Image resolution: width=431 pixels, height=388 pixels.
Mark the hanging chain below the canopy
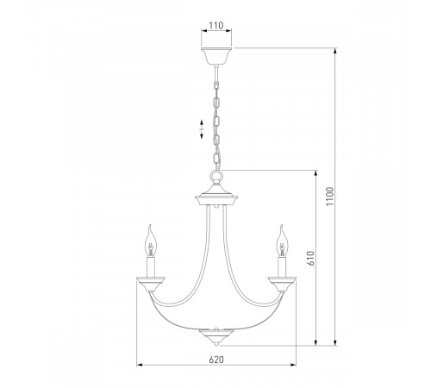[215, 121]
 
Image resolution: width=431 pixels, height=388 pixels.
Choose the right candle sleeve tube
[281, 266]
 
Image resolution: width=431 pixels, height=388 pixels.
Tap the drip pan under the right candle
[281, 282]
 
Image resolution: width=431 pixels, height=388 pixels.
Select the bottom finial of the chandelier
[215, 335]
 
